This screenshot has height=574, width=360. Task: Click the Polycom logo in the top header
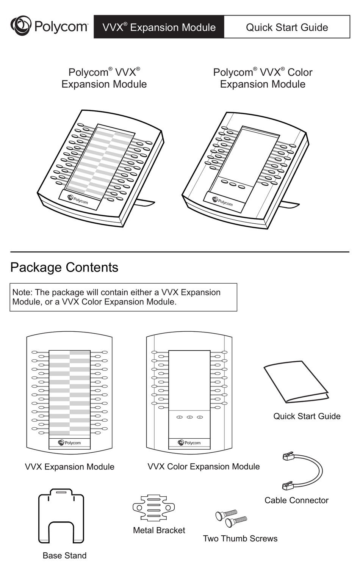(x=49, y=26)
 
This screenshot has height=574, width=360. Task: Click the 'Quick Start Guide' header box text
(x=287, y=27)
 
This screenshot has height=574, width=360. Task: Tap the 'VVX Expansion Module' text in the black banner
(x=159, y=27)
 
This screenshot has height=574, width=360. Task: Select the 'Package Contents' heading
(x=64, y=267)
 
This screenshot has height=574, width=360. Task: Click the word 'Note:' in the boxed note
(x=22, y=292)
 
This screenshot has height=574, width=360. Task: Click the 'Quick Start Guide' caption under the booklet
(x=307, y=416)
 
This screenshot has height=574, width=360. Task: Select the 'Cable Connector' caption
(x=296, y=500)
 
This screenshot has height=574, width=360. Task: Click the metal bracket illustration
(x=153, y=508)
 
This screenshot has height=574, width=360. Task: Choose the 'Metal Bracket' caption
(x=159, y=530)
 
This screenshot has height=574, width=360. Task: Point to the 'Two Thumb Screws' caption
(x=240, y=539)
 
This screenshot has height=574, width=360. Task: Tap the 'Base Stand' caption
(x=64, y=556)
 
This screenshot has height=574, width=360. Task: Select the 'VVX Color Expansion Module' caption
(x=203, y=467)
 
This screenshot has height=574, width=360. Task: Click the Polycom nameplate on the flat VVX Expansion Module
(x=70, y=443)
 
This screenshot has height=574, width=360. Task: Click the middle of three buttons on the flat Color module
(x=190, y=417)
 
